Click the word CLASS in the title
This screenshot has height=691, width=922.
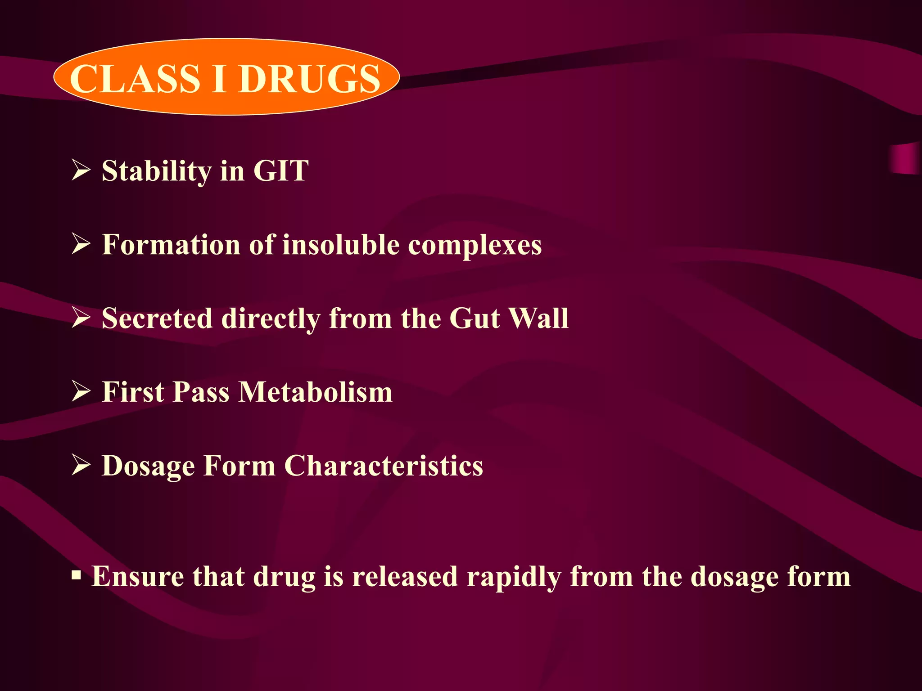coord(134,79)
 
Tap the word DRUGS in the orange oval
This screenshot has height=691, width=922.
coord(310,79)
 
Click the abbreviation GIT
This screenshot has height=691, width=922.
coord(281,171)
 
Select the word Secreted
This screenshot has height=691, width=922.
coord(157,319)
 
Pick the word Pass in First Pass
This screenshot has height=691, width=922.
coord(201,392)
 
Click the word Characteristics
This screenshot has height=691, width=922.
coord(384,466)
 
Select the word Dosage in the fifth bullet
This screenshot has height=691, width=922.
coord(148,467)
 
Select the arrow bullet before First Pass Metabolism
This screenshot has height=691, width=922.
coord(81,392)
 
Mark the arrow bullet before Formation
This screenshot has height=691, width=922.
coord(81,245)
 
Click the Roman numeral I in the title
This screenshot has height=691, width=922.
coord(219,79)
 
